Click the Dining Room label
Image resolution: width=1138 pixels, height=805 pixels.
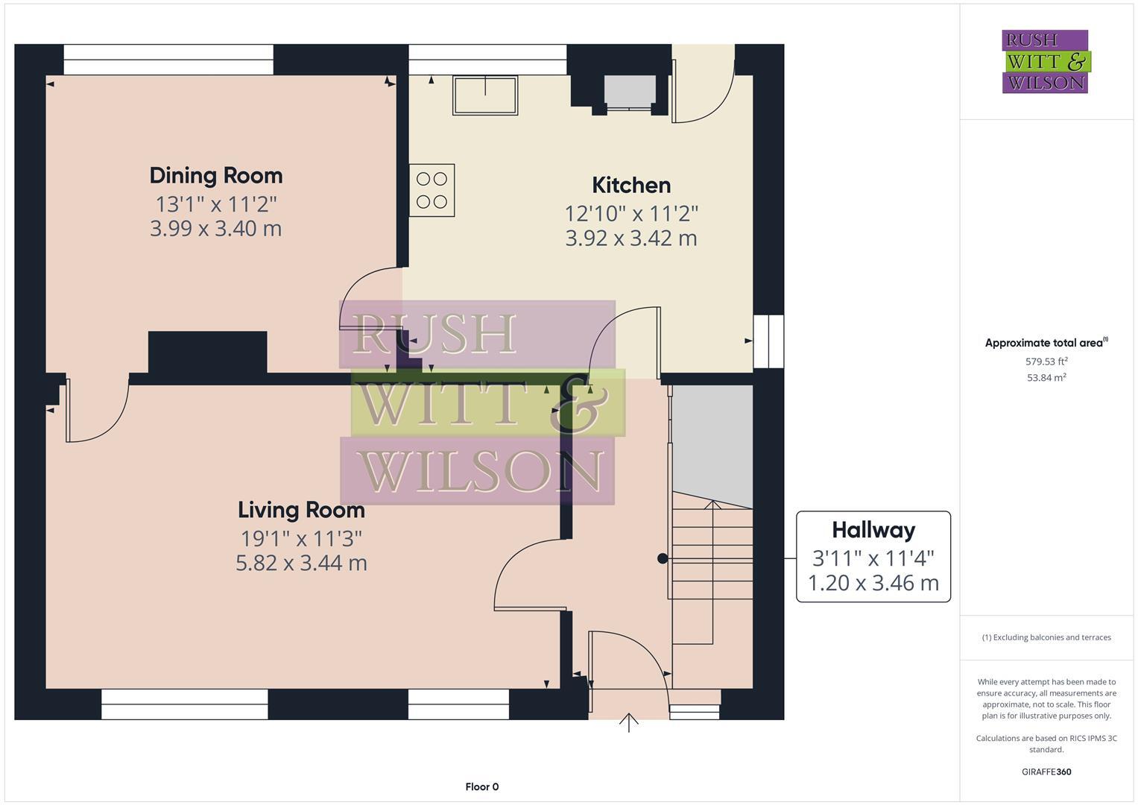(216, 176)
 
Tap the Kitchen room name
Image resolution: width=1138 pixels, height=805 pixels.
(631, 186)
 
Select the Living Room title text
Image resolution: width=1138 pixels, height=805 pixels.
(301, 510)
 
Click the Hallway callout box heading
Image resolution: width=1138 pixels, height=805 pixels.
(873, 530)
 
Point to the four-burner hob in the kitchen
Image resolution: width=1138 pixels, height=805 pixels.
(432, 190)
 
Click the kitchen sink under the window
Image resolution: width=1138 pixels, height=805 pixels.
(485, 95)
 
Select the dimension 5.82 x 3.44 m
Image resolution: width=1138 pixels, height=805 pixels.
(301, 563)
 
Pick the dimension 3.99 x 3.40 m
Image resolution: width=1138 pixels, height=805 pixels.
(216, 229)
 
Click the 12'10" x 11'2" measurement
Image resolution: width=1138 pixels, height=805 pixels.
(631, 214)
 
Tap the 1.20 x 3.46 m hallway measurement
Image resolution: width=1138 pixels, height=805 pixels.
(873, 583)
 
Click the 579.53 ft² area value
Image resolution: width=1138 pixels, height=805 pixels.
(1046, 362)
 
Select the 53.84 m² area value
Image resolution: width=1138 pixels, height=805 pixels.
(1046, 378)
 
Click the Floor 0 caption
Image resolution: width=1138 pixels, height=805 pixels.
(481, 787)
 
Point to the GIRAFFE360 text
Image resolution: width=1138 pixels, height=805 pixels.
(1046, 772)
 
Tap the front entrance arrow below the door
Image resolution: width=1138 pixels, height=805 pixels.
(628, 722)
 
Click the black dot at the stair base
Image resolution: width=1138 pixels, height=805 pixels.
(662, 558)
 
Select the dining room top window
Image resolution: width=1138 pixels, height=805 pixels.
(168, 60)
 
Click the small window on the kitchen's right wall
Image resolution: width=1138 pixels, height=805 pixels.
(768, 341)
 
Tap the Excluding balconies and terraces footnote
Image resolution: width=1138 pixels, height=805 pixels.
(1046, 637)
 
